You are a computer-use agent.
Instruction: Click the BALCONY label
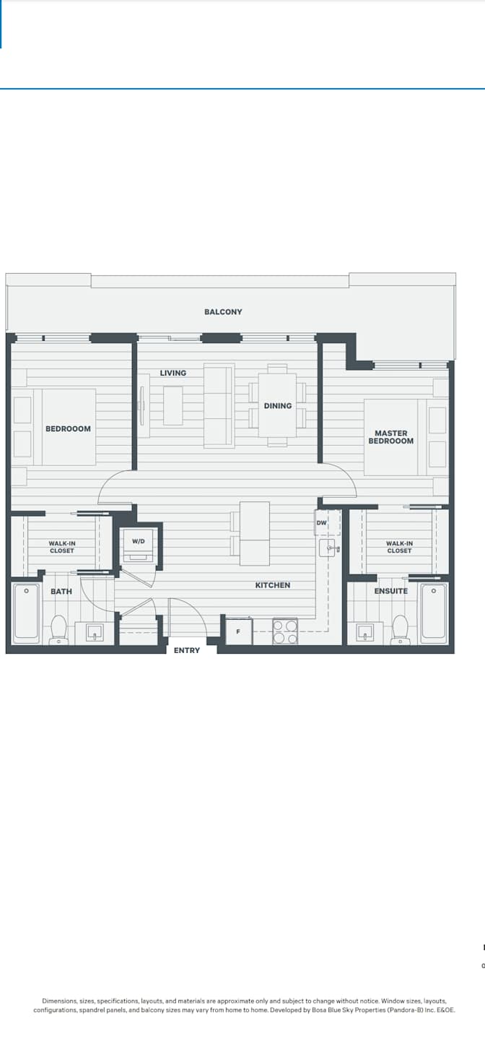click(223, 312)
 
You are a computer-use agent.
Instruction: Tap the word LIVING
click(173, 373)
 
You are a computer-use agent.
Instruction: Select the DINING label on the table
click(278, 406)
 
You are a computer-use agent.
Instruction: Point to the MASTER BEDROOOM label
click(390, 437)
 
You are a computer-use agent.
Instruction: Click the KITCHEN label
click(273, 585)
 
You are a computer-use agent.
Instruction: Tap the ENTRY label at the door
click(187, 650)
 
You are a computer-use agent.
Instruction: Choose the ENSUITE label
click(391, 591)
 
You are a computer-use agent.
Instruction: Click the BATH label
click(61, 592)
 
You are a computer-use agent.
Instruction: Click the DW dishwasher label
click(322, 523)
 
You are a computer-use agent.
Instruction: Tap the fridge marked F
click(239, 631)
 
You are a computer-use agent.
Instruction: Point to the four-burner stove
click(285, 631)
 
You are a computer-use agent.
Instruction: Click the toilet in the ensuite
click(400, 630)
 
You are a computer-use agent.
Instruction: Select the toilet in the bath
click(59, 630)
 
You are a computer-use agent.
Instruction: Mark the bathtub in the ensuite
click(434, 613)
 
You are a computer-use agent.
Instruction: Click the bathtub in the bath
click(26, 613)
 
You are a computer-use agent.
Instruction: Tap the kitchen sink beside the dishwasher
click(329, 548)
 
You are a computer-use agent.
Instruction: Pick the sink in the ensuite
click(364, 633)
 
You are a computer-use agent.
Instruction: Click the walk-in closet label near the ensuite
click(399, 547)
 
